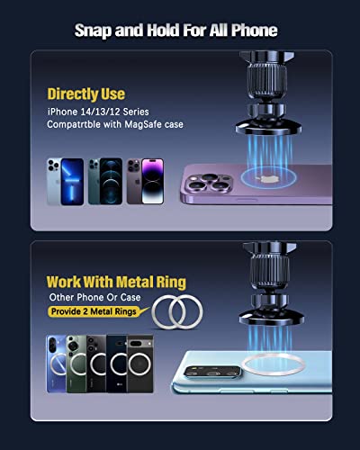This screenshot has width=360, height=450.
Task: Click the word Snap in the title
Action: [x=93, y=31]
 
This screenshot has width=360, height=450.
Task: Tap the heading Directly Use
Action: [x=86, y=94]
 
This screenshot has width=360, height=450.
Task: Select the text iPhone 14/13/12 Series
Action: [x=98, y=112]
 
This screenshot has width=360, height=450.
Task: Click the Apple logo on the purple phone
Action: [x=265, y=179]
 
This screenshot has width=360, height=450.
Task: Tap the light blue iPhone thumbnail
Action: [x=66, y=182]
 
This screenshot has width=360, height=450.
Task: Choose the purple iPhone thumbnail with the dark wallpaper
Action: [x=145, y=182]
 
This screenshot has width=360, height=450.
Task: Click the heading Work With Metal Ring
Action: [x=116, y=283]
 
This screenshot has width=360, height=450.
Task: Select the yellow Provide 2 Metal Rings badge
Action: [x=94, y=311]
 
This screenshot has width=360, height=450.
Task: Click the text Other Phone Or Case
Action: [x=94, y=297]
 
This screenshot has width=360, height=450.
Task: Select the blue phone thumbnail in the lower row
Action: [x=57, y=364]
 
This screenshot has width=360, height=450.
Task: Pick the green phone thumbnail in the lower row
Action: [x=76, y=364]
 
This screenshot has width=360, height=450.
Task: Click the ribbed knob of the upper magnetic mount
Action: [x=266, y=79]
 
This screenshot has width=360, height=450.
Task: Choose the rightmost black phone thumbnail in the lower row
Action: [x=140, y=364]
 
